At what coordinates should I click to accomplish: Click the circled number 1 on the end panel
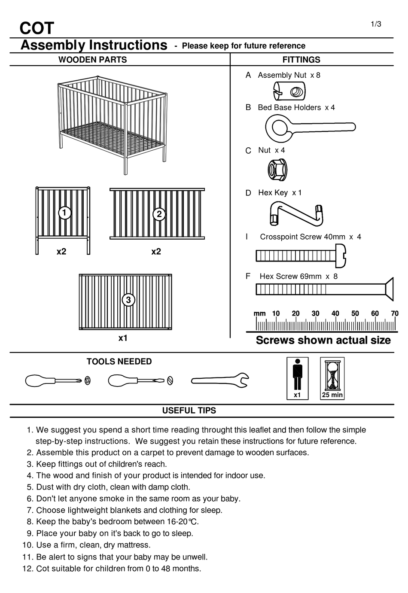pyautogui.click(x=64, y=213)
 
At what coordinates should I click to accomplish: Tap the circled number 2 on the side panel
pyautogui.click(x=159, y=214)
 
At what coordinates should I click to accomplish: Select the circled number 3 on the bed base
pyautogui.click(x=128, y=300)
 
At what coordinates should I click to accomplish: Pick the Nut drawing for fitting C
pyautogui.click(x=277, y=169)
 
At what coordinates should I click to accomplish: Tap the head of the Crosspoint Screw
pyautogui.click(x=341, y=255)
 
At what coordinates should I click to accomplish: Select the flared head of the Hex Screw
pyautogui.click(x=388, y=289)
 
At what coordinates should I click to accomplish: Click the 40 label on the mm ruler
pyautogui.click(x=335, y=313)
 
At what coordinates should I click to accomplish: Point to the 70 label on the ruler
pyautogui.click(x=394, y=313)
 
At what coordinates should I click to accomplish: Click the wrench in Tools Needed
pyautogui.click(x=219, y=380)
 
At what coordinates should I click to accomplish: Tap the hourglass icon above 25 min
pyautogui.click(x=332, y=375)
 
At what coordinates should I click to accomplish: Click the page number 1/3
pyautogui.click(x=376, y=24)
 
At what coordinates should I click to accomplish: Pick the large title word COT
pyautogui.click(x=37, y=28)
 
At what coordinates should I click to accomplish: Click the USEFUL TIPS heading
pyautogui.click(x=189, y=411)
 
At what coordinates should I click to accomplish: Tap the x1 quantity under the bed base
pyautogui.click(x=123, y=338)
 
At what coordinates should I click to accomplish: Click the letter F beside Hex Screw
pyautogui.click(x=248, y=276)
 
